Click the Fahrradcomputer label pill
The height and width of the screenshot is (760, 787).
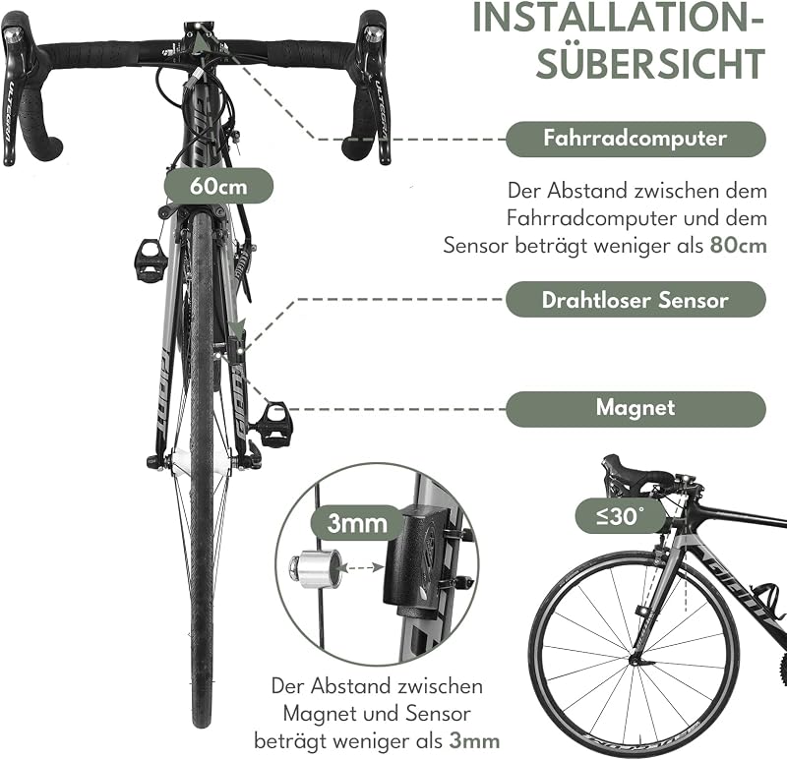click(636, 139)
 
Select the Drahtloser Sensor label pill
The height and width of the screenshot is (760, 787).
click(636, 300)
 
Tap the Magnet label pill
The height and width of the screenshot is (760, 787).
click(636, 409)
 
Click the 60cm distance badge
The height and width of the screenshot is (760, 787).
click(218, 186)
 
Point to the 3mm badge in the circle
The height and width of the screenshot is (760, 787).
click(357, 523)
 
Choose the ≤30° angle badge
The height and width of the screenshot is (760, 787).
click(620, 516)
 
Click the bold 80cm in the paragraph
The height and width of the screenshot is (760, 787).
click(739, 246)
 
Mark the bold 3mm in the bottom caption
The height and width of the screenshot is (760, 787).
click(474, 741)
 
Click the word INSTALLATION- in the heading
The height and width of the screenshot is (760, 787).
click(618, 18)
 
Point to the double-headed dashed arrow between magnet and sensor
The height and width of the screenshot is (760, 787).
click(361, 568)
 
